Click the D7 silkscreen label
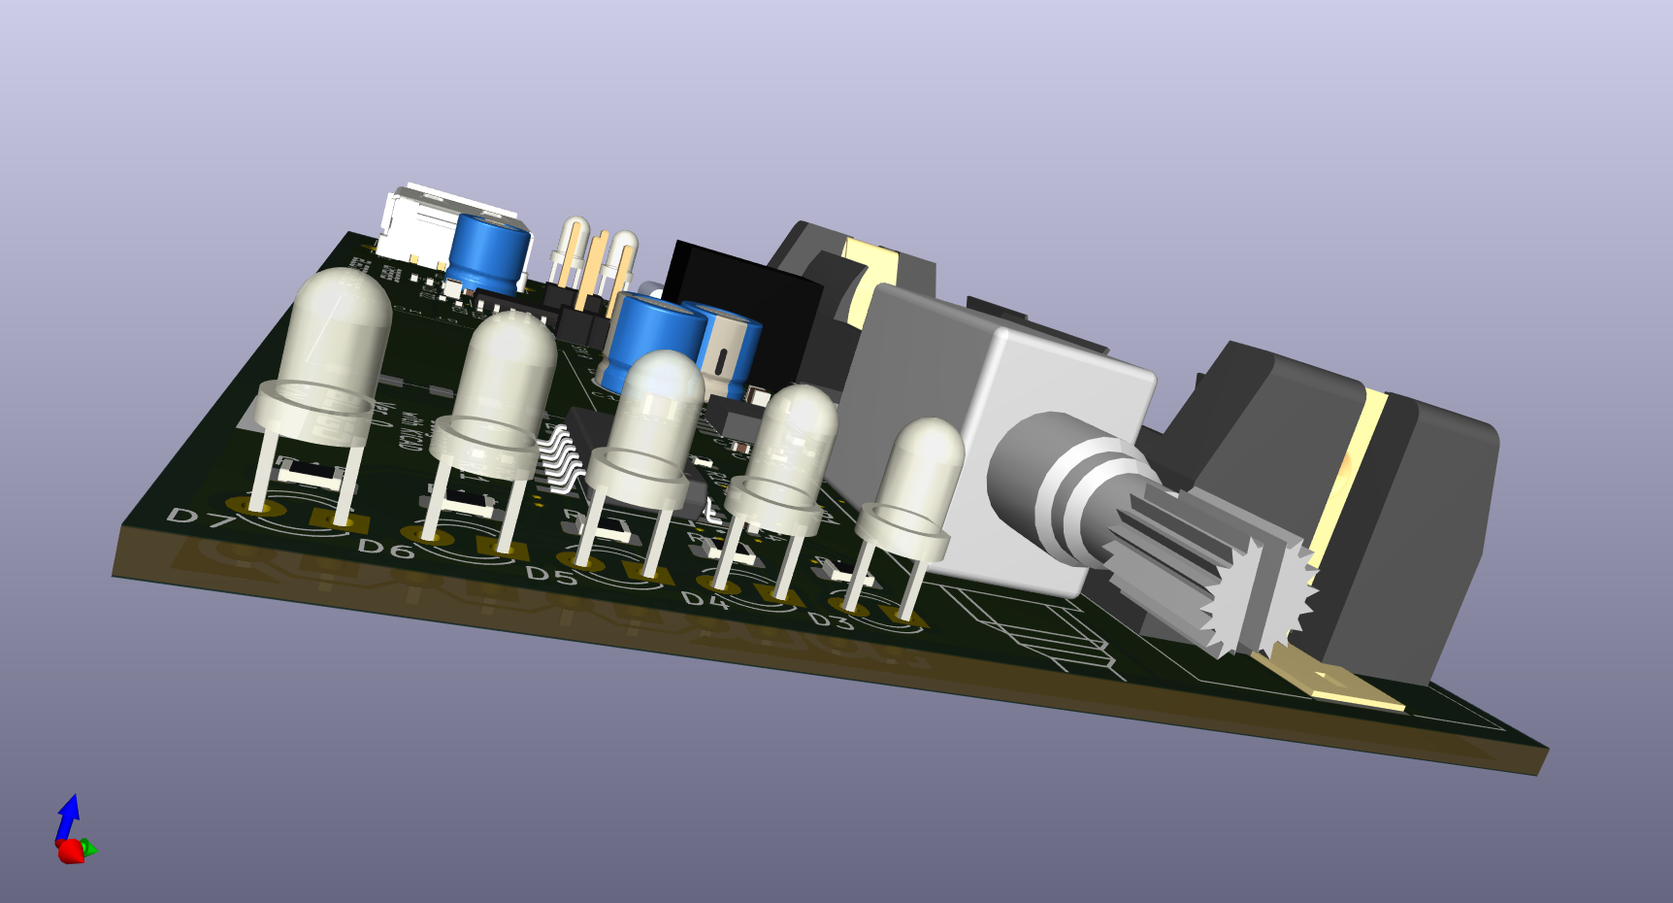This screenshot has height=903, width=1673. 201,518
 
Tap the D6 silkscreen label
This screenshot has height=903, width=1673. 385,550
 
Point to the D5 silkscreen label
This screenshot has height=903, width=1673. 550,576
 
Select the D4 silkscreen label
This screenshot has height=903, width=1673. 704,600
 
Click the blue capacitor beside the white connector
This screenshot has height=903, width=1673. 490,254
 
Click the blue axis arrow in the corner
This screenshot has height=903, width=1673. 68,817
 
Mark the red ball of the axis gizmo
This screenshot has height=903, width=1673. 70,853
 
